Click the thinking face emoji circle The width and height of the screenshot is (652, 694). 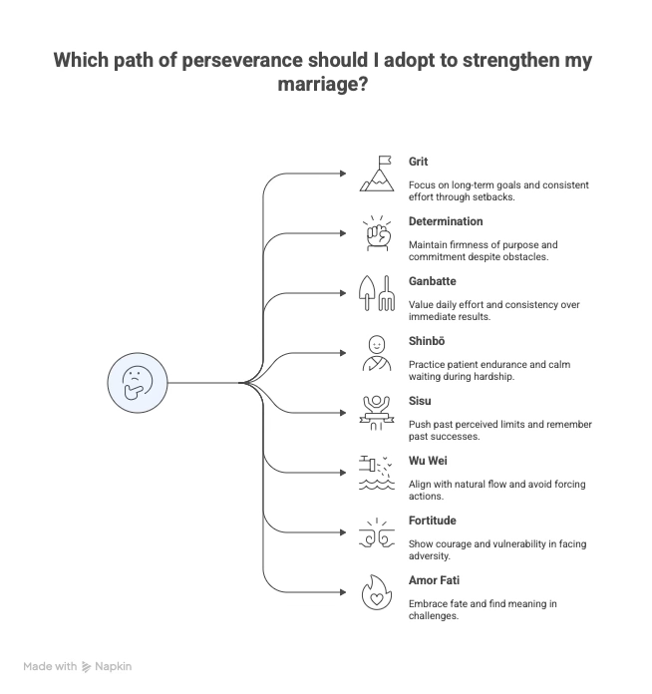pos(138,382)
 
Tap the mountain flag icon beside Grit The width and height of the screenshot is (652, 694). pos(377,173)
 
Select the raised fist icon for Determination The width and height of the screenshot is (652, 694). pos(377,232)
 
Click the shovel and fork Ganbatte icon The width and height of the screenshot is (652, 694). pos(377,292)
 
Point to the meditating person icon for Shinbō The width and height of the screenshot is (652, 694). pos(377,352)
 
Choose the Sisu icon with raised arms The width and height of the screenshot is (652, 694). pos(377,412)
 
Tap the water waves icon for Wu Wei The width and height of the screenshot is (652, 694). pos(377,472)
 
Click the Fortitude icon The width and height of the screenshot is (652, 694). pos(377,531)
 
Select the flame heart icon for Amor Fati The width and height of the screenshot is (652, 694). pos(377,591)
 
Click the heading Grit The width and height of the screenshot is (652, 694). pos(418,161)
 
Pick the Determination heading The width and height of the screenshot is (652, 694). pos(446,220)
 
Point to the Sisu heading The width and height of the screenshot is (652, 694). pos(420,400)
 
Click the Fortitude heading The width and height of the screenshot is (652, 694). pos(433,520)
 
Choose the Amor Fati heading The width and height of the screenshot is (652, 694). pos(434,579)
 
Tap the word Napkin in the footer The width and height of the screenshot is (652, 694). pos(114,666)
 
